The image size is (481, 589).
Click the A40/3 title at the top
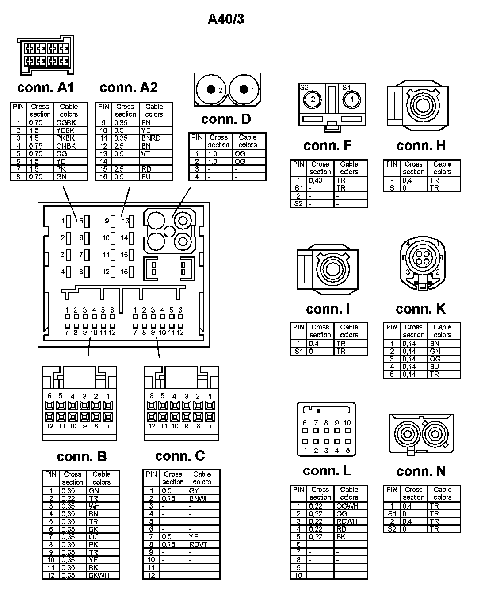(225, 19)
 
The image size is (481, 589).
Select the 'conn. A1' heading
(46, 88)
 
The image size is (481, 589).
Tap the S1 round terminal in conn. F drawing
(352, 99)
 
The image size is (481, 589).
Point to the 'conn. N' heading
(421, 471)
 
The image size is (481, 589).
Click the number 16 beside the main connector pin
(124, 272)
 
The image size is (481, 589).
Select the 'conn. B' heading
(82, 456)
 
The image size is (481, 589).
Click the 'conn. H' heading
(421, 145)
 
